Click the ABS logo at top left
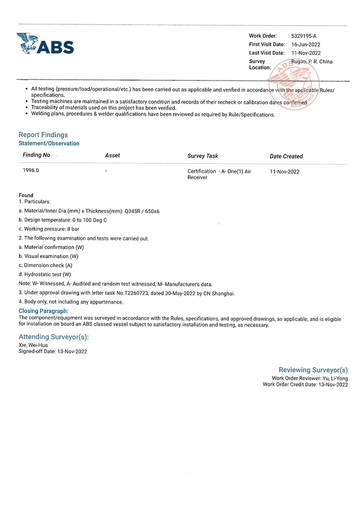click(x=45, y=43)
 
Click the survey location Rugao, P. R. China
click(x=312, y=62)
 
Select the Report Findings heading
click(x=43, y=135)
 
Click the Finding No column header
click(x=37, y=155)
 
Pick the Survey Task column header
click(x=203, y=155)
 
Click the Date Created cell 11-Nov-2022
click(x=284, y=171)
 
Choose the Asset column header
click(x=112, y=155)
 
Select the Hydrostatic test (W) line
click(x=45, y=274)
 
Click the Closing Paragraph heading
click(x=43, y=311)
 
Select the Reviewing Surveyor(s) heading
click(x=313, y=370)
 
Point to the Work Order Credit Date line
click(x=305, y=384)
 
